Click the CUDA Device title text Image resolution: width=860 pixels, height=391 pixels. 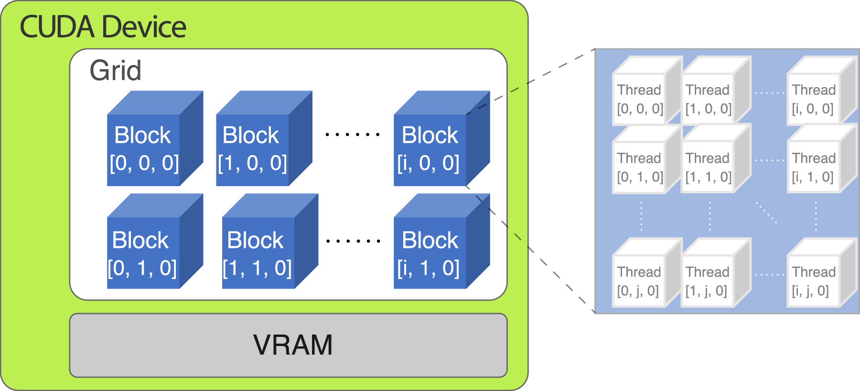[103, 27]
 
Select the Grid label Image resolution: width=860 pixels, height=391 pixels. [115, 70]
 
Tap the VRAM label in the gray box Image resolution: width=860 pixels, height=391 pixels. [292, 345]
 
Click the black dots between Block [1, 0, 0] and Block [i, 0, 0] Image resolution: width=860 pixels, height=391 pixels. [353, 134]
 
